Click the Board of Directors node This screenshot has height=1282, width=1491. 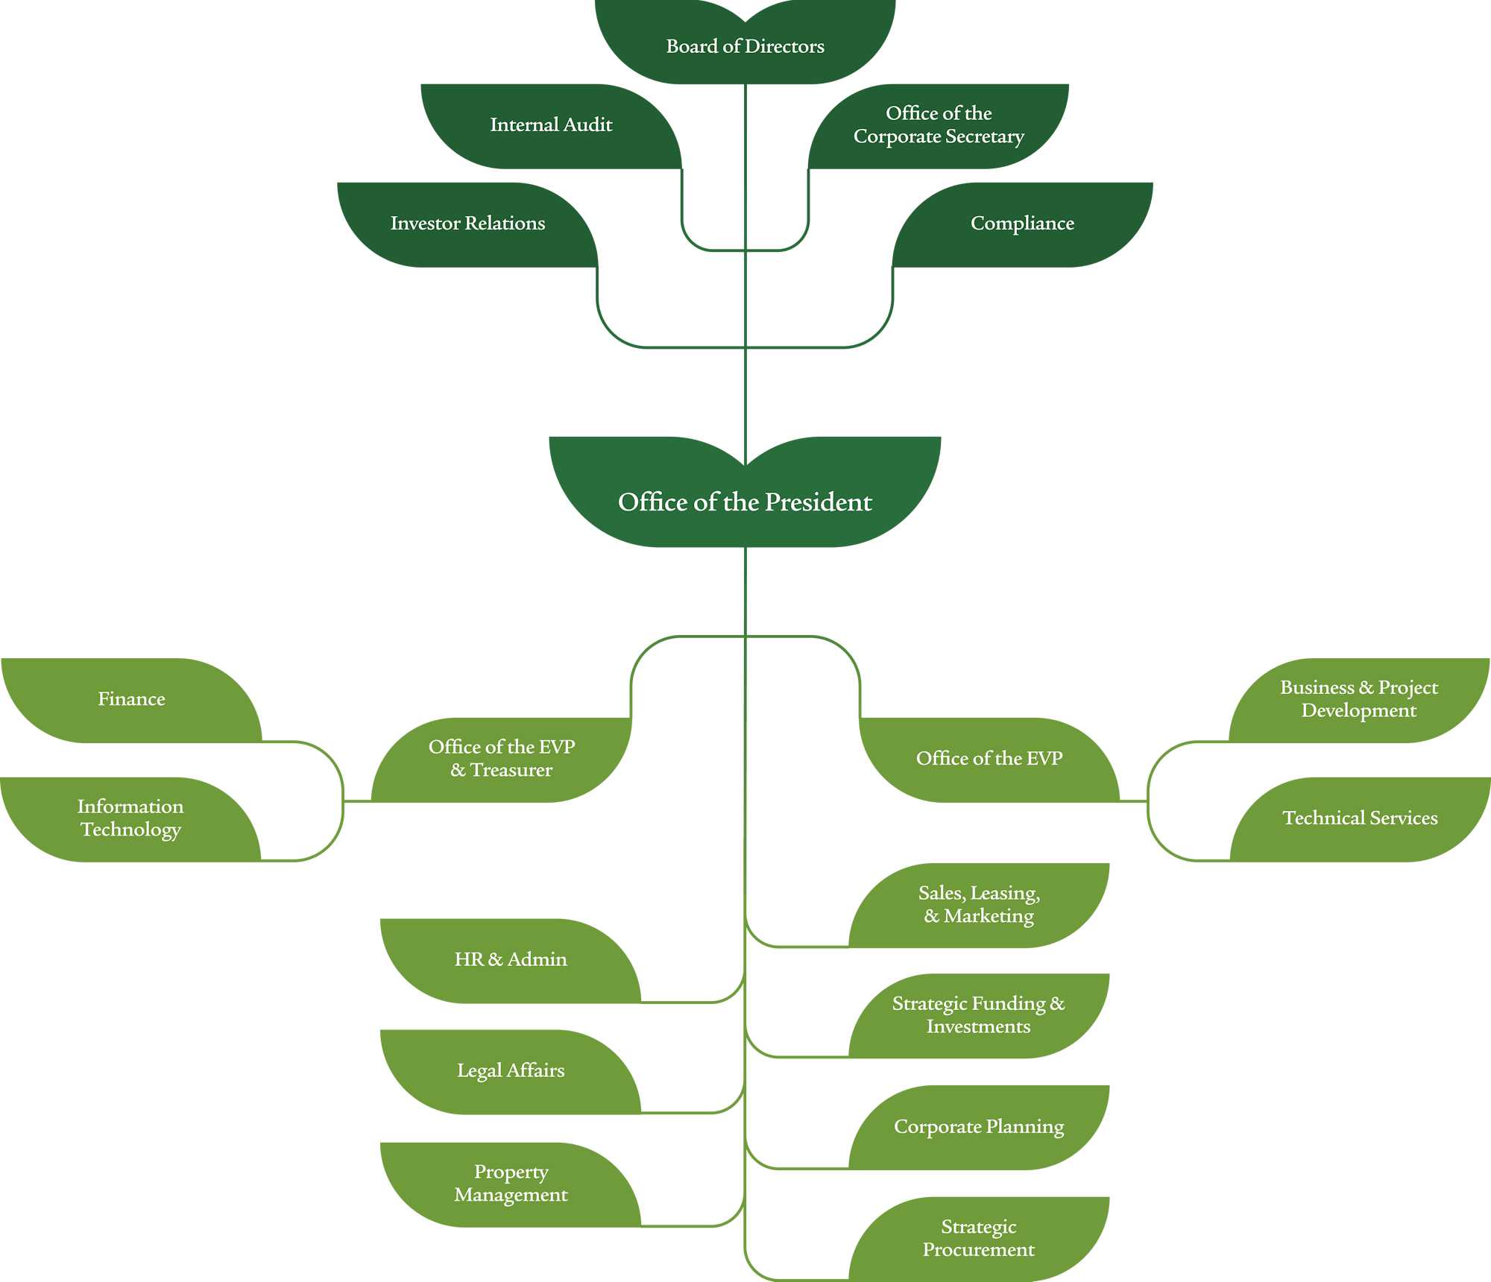[745, 46]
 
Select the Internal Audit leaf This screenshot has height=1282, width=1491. [551, 125]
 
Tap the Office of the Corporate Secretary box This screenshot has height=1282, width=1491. [939, 125]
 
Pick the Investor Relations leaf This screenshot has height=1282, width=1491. [467, 224]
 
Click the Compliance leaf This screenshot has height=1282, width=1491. [1022, 224]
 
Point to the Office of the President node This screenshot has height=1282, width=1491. [745, 502]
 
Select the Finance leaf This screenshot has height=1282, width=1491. [131, 699]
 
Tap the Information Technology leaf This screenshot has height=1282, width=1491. [130, 818]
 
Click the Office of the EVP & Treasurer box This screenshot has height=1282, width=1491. [502, 759]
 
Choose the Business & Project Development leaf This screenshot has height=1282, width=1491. [1359, 699]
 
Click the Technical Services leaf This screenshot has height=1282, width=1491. [1360, 818]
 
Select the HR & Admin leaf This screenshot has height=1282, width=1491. [511, 960]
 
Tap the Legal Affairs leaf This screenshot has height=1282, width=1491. [511, 1071]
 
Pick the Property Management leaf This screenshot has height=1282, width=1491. [511, 1184]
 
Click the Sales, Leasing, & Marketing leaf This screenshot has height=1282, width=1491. [979, 905]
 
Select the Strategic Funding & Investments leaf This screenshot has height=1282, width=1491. [979, 1015]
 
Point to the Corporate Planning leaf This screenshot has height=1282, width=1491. [979, 1127]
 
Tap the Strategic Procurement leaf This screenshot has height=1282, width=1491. [979, 1238]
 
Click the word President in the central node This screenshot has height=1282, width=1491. [818, 502]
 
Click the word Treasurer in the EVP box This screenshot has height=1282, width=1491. [511, 770]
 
